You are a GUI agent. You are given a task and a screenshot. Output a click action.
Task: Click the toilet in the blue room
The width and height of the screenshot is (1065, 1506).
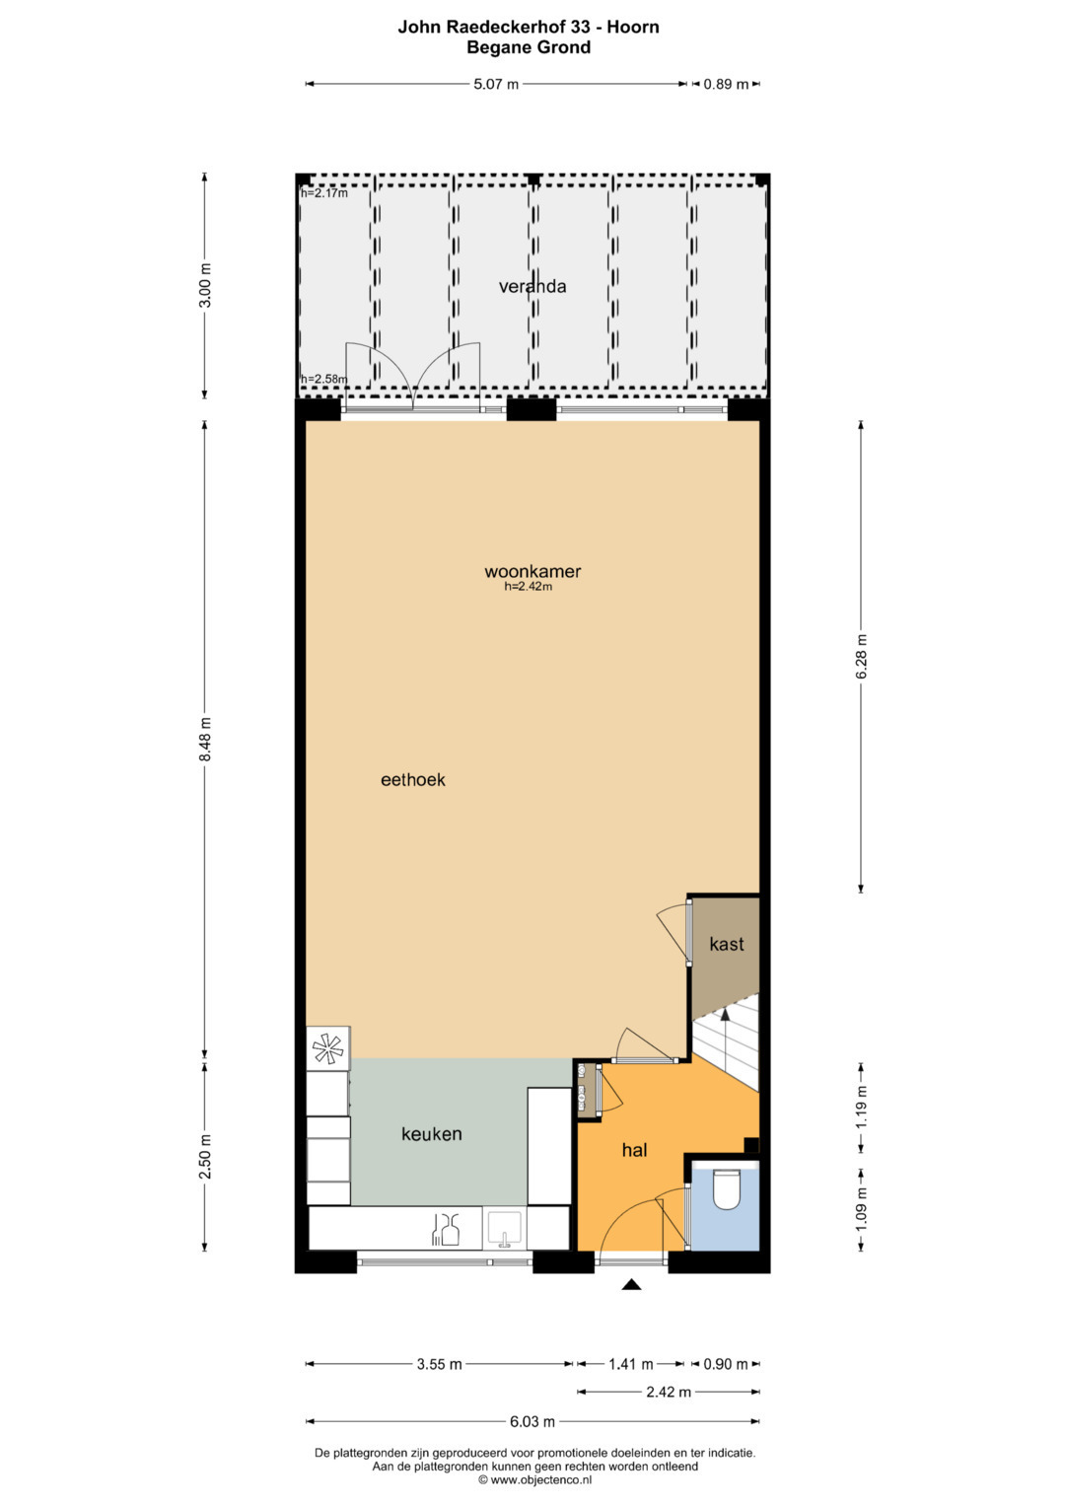point(726,1190)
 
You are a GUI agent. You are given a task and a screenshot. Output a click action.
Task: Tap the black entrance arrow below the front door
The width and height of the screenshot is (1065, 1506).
point(631,1285)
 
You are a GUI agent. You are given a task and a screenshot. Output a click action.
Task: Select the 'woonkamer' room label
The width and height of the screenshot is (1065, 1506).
point(532,571)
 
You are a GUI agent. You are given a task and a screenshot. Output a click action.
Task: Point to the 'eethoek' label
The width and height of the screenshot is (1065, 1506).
point(413,780)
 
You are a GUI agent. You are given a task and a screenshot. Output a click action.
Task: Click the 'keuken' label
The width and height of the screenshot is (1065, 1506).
point(432,1134)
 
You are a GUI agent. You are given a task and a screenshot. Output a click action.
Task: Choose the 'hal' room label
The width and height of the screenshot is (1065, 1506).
point(635,1150)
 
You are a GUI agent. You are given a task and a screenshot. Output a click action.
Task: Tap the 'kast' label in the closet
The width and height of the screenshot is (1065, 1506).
point(727,944)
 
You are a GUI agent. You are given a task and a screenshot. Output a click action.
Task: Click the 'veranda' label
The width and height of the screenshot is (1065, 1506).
point(532,286)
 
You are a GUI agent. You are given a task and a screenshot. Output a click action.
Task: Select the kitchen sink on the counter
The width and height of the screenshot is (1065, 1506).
point(504,1228)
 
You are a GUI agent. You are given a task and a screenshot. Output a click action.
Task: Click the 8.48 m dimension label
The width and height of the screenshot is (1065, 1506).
point(205,739)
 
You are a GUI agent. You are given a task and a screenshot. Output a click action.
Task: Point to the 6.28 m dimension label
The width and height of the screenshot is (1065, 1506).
point(862,656)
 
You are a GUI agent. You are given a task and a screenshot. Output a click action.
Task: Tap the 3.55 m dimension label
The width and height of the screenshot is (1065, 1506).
point(440,1364)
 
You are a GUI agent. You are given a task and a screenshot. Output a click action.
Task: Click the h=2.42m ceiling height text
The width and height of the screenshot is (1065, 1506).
point(529,586)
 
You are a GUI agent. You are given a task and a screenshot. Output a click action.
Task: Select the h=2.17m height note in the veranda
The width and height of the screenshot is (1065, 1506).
point(324,193)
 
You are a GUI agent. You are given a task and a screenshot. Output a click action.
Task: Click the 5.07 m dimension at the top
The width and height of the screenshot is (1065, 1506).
point(496,84)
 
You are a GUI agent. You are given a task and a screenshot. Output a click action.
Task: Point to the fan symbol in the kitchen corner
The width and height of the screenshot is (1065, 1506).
point(328,1048)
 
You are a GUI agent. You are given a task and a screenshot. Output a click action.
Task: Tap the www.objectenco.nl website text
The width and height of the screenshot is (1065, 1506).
point(540,1479)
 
